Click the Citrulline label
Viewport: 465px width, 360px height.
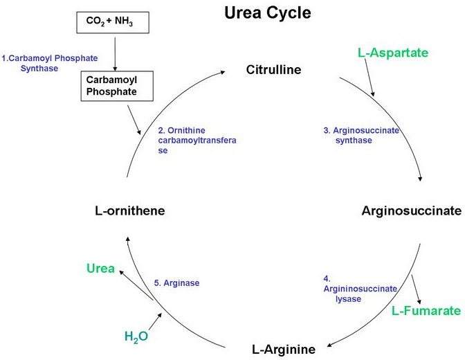(x=274, y=70)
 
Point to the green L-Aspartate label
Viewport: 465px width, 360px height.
(x=393, y=53)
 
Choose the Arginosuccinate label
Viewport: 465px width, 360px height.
(x=410, y=210)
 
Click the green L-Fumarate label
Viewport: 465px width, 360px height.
(x=426, y=311)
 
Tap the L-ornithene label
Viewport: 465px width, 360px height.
(x=130, y=210)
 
